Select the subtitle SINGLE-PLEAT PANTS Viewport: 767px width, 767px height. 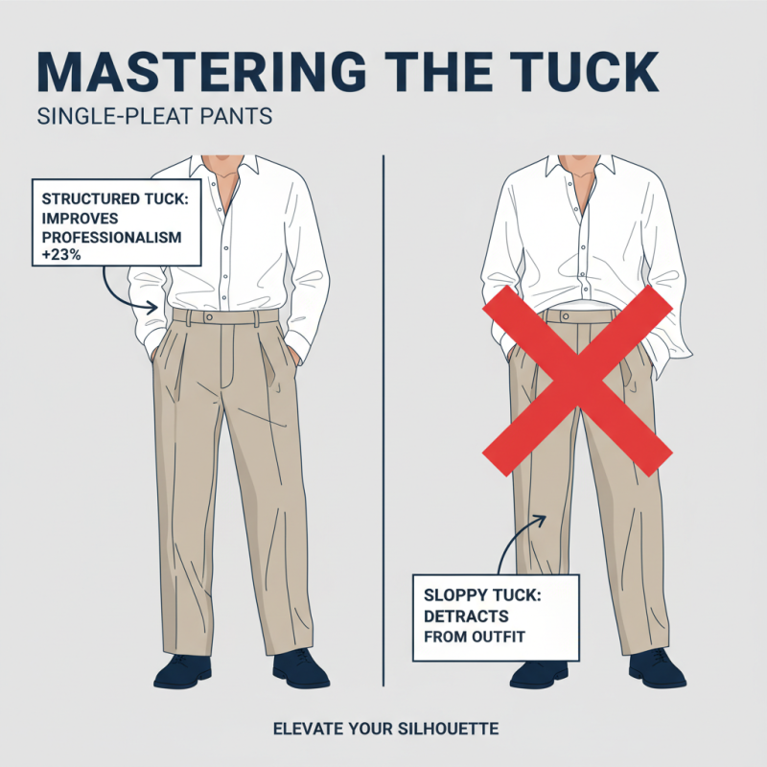pyautogui.click(x=154, y=118)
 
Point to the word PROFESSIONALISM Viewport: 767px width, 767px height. pyautogui.click(x=109, y=236)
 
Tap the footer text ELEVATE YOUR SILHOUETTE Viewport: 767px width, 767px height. pyautogui.click(x=384, y=730)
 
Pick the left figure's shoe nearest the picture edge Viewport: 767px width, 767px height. pyautogui.click(x=182, y=668)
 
